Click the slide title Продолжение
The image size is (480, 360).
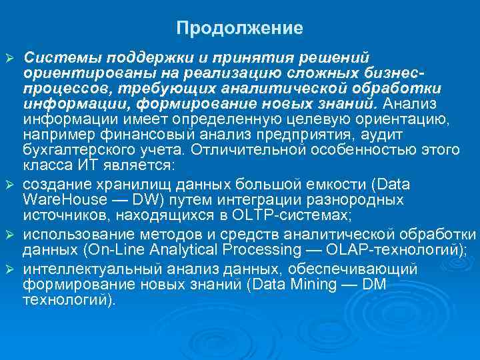click(240, 29)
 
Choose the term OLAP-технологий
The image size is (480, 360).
click(390, 250)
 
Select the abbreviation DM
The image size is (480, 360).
click(371, 285)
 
